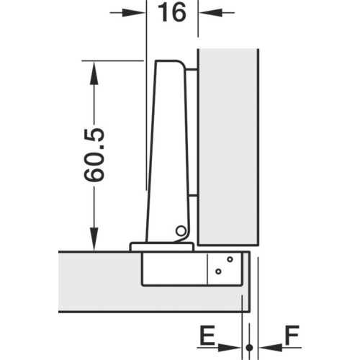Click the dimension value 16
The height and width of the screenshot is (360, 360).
[x=172, y=13]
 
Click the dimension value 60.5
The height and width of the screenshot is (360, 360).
[x=94, y=155]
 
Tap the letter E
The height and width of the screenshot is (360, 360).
[x=207, y=335]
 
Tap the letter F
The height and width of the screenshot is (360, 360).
[x=292, y=335]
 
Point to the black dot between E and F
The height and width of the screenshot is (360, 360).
[x=249, y=347]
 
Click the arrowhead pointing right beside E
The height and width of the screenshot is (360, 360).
[x=229, y=347]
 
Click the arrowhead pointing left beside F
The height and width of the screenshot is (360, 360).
[x=271, y=347]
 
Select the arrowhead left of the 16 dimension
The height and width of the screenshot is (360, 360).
[x=134, y=13]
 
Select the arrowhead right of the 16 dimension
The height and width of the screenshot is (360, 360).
[x=211, y=13]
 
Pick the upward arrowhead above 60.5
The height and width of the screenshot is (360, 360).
[x=94, y=73]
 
